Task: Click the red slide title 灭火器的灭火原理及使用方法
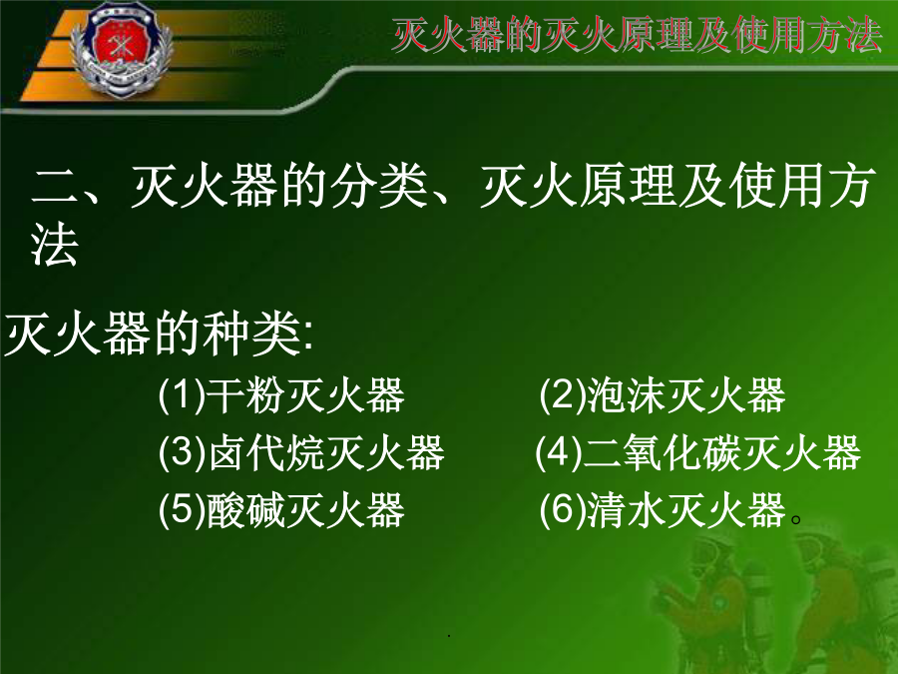pos(637,35)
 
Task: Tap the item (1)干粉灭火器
pos(281,395)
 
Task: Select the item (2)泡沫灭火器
pos(663,395)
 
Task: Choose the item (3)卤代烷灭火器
pos(301,452)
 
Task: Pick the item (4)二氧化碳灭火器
pos(698,452)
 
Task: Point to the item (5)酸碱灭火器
pos(281,509)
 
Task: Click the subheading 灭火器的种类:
pos(159,334)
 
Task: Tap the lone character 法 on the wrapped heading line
pos(55,244)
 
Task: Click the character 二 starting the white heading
pos(56,187)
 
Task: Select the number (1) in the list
pos(182,395)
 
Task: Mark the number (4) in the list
pos(559,452)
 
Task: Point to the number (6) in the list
pos(563,509)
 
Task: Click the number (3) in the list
pos(182,452)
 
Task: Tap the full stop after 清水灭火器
pos(795,520)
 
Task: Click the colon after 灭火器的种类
pos(309,338)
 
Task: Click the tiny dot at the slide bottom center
pos(449,636)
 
